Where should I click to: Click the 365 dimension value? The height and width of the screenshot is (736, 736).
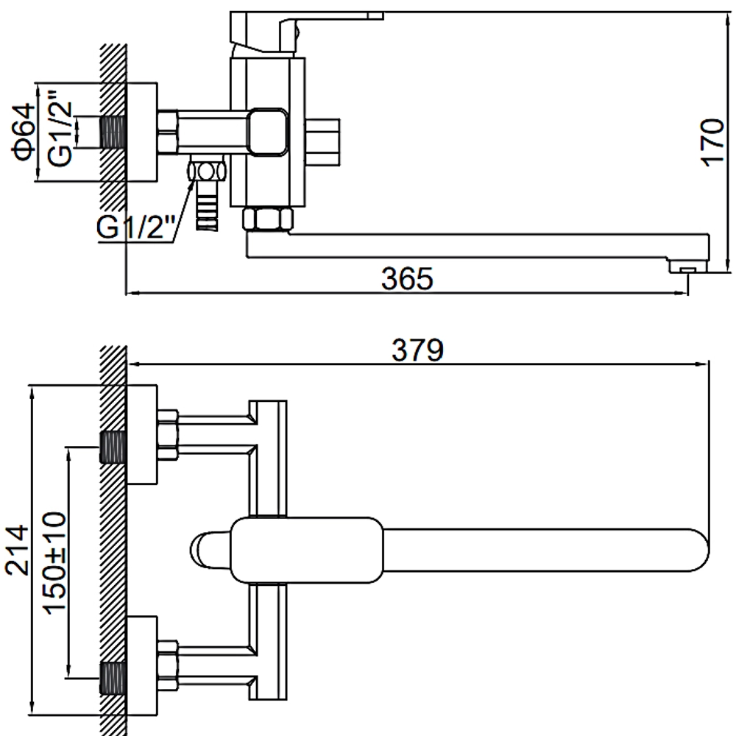[407, 278]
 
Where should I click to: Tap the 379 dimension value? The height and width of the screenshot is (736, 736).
[417, 350]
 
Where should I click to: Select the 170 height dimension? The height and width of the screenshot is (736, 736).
[712, 142]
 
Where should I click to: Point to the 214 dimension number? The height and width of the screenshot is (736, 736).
[18, 550]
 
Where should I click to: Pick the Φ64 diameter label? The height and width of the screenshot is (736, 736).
[24, 132]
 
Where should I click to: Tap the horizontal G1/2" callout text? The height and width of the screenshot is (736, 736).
[136, 227]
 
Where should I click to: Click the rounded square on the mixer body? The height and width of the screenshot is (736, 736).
[268, 132]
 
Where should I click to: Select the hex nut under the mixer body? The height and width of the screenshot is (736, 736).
[268, 219]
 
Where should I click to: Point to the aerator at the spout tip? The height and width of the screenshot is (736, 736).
[687, 266]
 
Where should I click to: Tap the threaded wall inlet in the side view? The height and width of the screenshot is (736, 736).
[113, 132]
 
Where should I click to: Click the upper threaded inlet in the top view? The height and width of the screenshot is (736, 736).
[113, 447]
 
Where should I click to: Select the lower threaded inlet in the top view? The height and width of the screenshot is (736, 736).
[113, 679]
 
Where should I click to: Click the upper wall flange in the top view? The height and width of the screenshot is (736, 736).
[142, 434]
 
